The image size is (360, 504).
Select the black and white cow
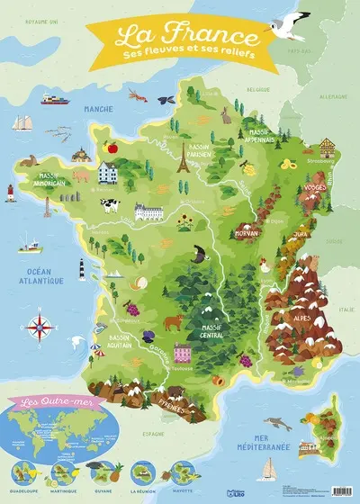pyautogui.click(x=111, y=205)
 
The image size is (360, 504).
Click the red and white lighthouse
pyautogui.click(x=11, y=192)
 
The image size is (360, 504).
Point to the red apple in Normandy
pyautogui.click(x=114, y=146)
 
